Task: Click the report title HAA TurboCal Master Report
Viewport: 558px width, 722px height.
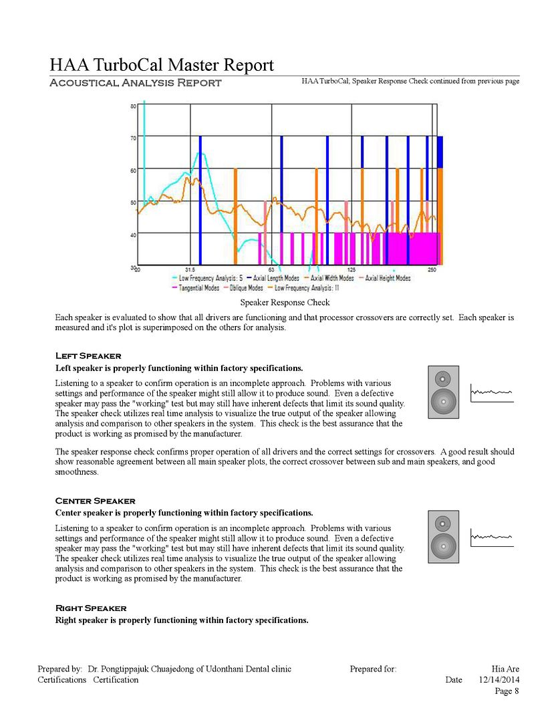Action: (x=162, y=65)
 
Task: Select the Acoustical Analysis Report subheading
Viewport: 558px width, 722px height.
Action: (x=136, y=83)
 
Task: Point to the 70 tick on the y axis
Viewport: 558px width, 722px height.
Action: (x=133, y=138)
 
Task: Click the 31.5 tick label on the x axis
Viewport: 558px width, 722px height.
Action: (x=190, y=270)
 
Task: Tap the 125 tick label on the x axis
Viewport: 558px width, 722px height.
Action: (x=351, y=270)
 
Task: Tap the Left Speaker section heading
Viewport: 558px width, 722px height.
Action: (x=88, y=356)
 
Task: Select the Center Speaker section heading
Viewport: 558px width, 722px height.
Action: (x=95, y=501)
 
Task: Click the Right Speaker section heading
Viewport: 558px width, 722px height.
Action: (x=90, y=608)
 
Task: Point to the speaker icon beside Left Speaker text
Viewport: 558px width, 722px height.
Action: (x=443, y=392)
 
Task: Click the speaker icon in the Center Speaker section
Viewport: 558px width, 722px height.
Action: (x=443, y=536)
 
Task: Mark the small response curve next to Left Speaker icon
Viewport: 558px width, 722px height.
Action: (x=492, y=393)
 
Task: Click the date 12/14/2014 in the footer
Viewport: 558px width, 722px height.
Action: (x=499, y=680)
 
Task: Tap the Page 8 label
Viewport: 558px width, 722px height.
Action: (x=507, y=691)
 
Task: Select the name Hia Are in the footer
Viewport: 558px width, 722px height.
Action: (x=505, y=669)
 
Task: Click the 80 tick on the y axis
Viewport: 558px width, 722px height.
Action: (x=133, y=106)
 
